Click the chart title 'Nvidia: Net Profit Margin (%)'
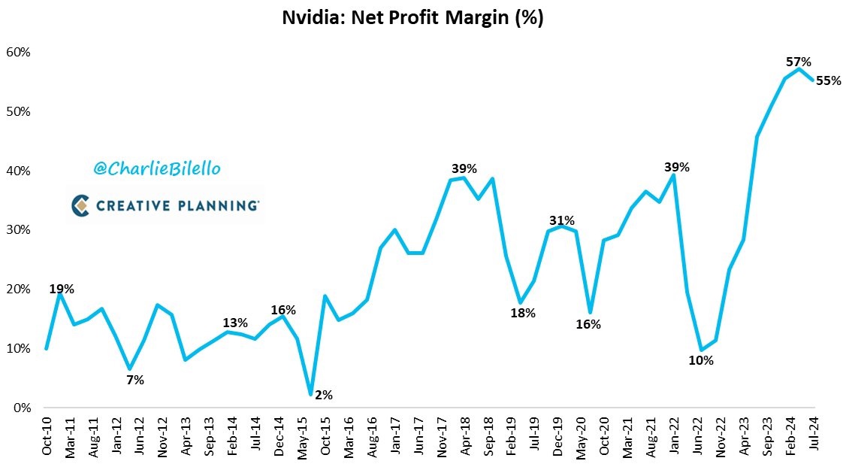412,18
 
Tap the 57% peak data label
799,62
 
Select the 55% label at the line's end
828,80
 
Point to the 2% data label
324,395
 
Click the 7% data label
135,381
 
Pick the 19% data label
62,289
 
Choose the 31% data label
562,220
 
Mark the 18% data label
523,313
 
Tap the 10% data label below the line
701,360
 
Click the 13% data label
235,323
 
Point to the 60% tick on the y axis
18,53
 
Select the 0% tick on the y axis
22,408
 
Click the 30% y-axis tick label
18,230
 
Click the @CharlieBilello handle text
157,168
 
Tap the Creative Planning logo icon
80,205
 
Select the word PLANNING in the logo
218,205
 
